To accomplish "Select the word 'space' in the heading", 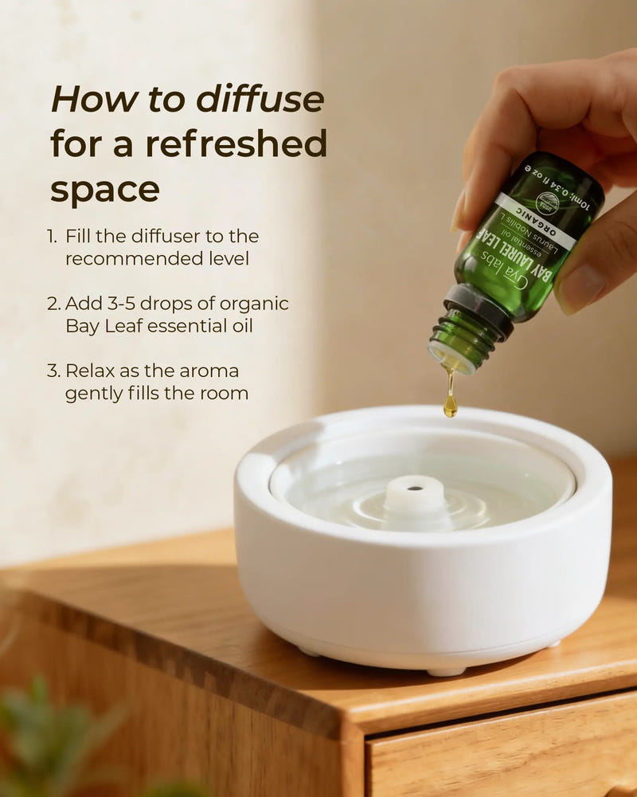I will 104,190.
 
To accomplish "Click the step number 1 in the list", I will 52,237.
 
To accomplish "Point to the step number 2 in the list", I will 53,304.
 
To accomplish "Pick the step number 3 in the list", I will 53,371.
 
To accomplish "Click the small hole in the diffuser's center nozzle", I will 414,483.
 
